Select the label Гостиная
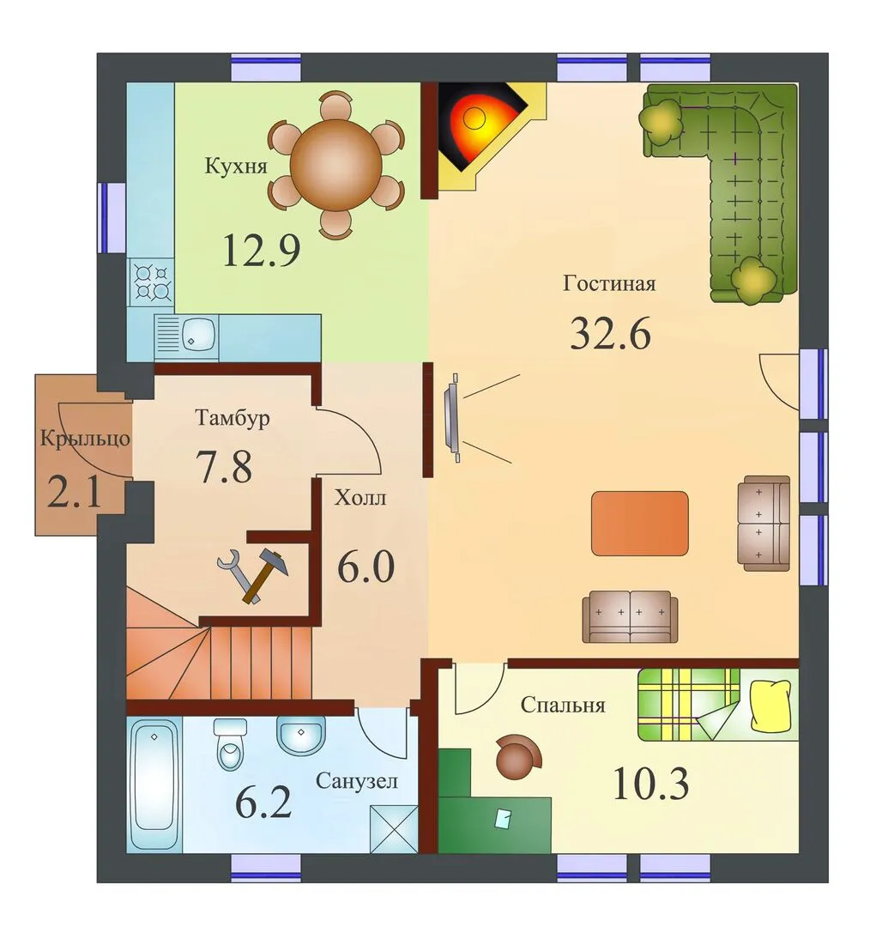tap(609, 283)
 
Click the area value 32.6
tap(610, 333)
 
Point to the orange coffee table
tap(640, 524)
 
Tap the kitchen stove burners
tap(151, 282)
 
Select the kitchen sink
tap(187, 337)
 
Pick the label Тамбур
tap(233, 418)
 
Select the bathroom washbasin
tap(300, 736)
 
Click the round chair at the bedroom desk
tap(517, 755)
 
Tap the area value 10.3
tap(651, 784)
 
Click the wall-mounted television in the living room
tap(452, 417)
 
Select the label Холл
tap(360, 498)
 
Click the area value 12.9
tap(262, 250)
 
